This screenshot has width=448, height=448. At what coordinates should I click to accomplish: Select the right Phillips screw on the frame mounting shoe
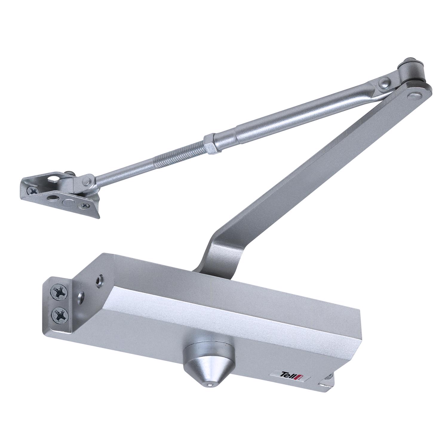click(86, 205)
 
